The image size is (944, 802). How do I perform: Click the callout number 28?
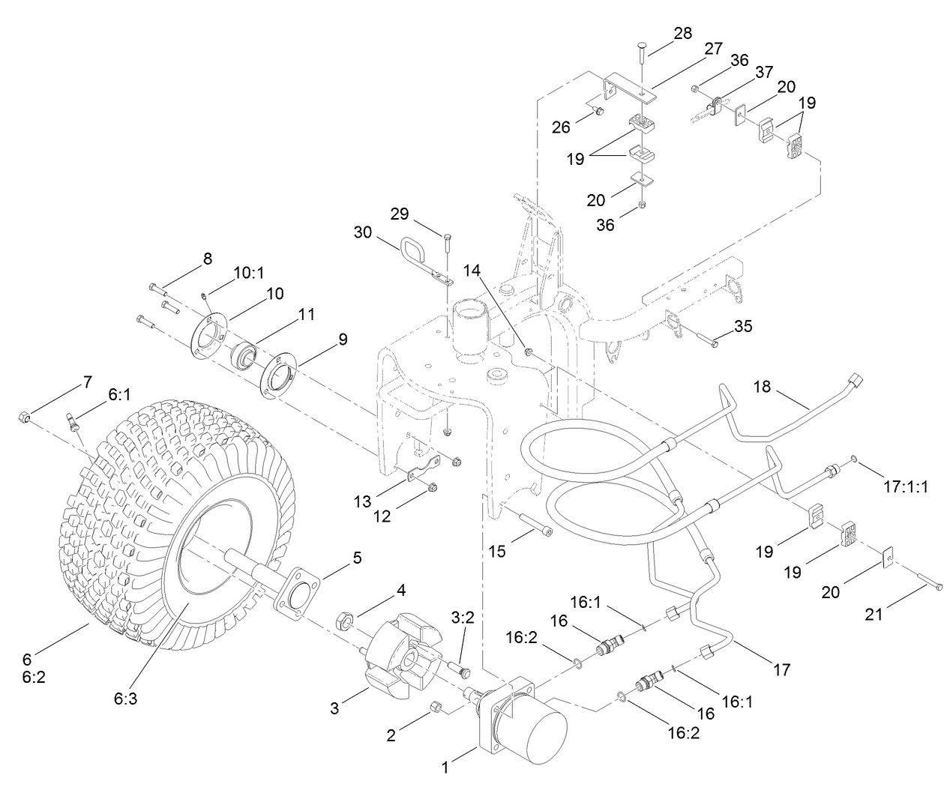(682, 33)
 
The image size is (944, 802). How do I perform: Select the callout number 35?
(742, 326)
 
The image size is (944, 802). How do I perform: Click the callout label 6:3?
(125, 698)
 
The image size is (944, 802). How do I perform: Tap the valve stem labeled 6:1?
(73, 423)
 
